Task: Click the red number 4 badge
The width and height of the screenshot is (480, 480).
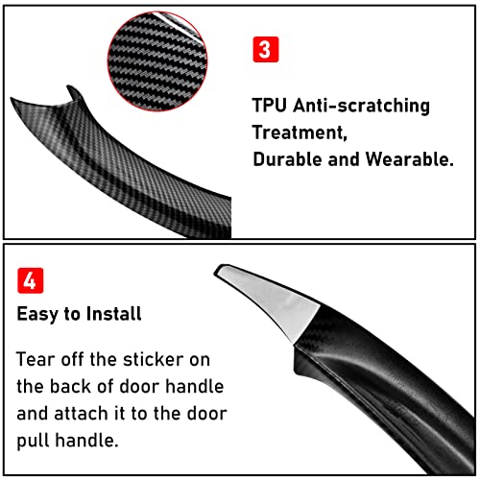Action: click(30, 283)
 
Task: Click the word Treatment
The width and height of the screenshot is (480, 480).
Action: click(298, 132)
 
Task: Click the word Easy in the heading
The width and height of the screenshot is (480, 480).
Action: click(37, 313)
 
